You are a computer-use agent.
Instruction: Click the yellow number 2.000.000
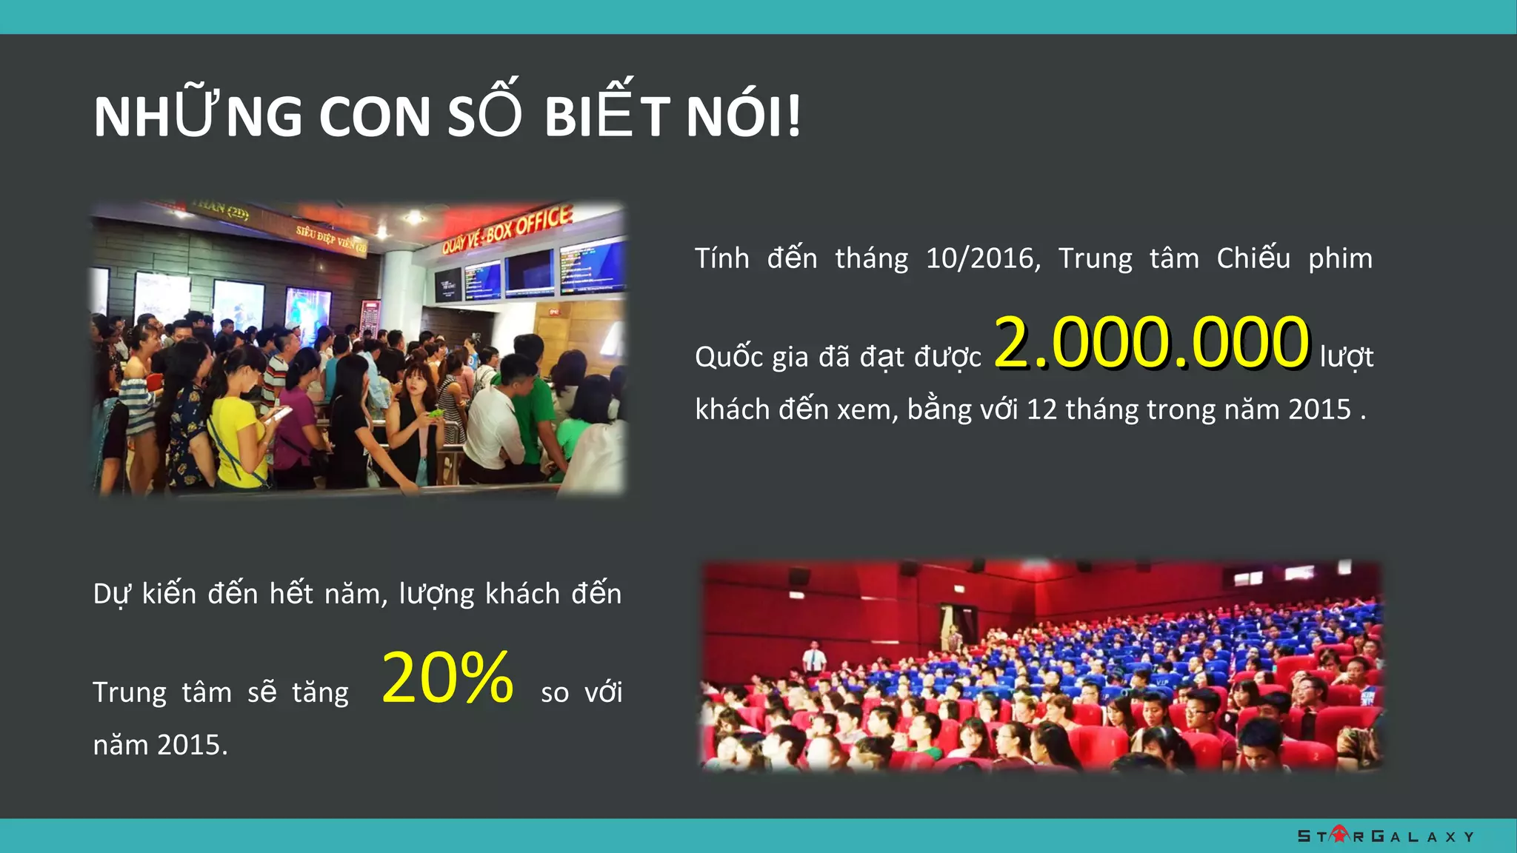1152,342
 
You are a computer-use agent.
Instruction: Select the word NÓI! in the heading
744,116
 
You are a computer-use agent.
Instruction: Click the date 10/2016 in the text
982,258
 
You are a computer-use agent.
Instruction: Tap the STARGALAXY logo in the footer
1385,836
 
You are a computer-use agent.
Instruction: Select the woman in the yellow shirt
237,437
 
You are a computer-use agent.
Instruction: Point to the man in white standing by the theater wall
815,655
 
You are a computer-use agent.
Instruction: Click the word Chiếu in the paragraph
1253,258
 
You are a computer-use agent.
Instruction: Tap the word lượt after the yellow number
1347,357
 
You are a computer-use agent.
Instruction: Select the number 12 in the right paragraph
1041,409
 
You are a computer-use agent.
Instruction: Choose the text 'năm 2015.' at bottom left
160,745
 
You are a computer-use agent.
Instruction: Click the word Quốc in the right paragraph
729,357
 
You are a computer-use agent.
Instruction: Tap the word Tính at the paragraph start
721,258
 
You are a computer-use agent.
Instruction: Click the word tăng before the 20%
320,693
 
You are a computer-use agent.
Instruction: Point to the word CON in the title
375,116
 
